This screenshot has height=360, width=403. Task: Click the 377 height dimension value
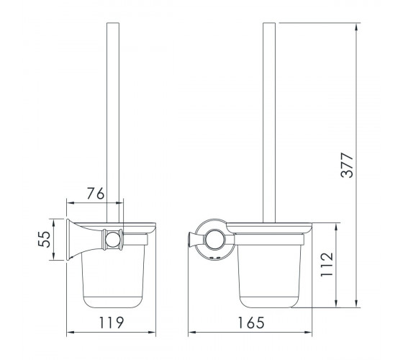point(347,165)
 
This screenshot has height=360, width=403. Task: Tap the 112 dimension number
point(327,265)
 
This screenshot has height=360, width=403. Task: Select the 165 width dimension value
point(250,323)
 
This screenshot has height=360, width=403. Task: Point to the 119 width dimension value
point(112,323)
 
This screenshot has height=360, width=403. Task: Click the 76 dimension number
point(95,194)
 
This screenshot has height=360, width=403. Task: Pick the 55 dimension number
point(45,239)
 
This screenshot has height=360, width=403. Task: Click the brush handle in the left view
point(113,122)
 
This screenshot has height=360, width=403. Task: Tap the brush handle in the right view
point(269,122)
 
